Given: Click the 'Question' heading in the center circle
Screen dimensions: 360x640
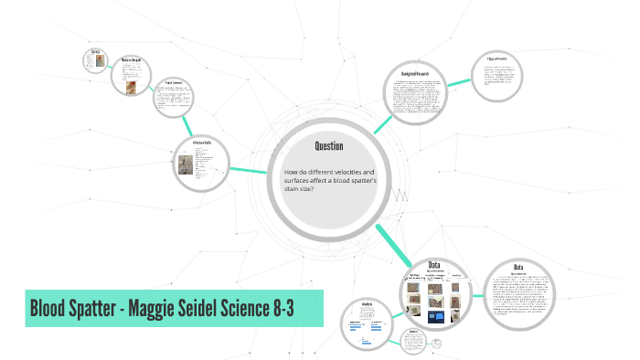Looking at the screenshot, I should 328,146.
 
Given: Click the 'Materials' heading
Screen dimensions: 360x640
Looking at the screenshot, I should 202,144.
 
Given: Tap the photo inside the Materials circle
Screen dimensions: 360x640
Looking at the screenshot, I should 188,165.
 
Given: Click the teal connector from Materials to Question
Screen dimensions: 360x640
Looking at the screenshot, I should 248,170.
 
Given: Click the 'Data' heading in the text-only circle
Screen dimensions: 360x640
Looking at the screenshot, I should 517,267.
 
